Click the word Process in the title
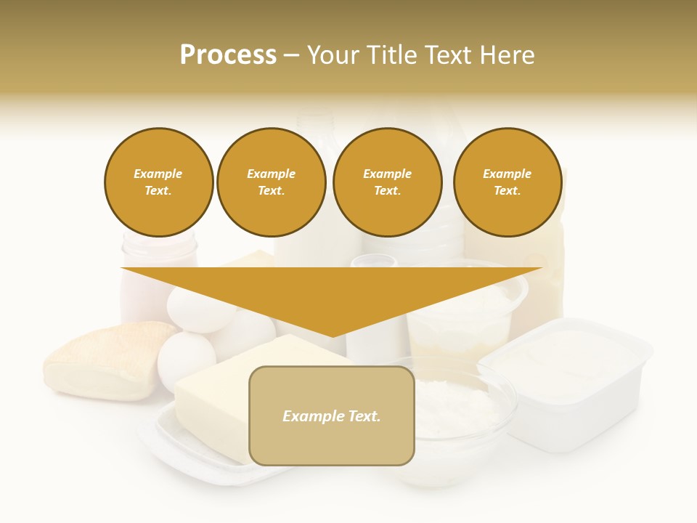(x=228, y=55)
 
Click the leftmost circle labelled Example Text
(x=158, y=182)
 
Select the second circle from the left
(x=271, y=182)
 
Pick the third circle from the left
(x=387, y=182)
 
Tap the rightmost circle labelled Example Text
(x=507, y=182)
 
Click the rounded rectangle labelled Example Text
(x=332, y=415)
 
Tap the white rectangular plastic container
(x=566, y=378)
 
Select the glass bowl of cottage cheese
(x=457, y=414)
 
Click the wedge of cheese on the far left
(x=102, y=360)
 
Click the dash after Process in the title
(x=291, y=55)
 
